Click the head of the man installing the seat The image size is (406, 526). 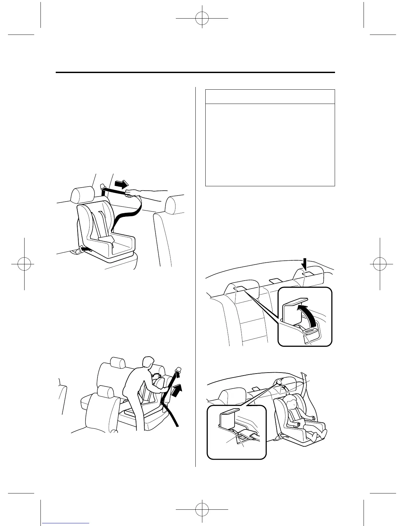point(147,363)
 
